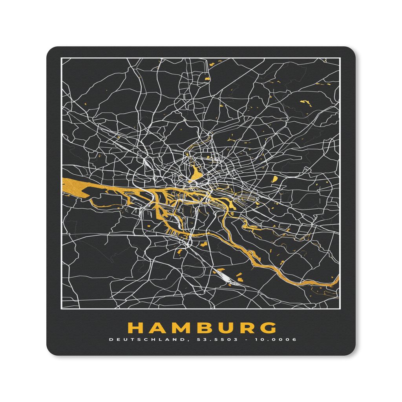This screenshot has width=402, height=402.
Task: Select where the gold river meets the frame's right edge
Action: coord(337,280)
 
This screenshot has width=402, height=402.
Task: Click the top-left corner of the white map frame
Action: coord(61,58)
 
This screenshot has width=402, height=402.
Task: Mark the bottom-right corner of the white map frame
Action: coord(339,309)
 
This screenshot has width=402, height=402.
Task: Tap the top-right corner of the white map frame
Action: coord(339,58)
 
